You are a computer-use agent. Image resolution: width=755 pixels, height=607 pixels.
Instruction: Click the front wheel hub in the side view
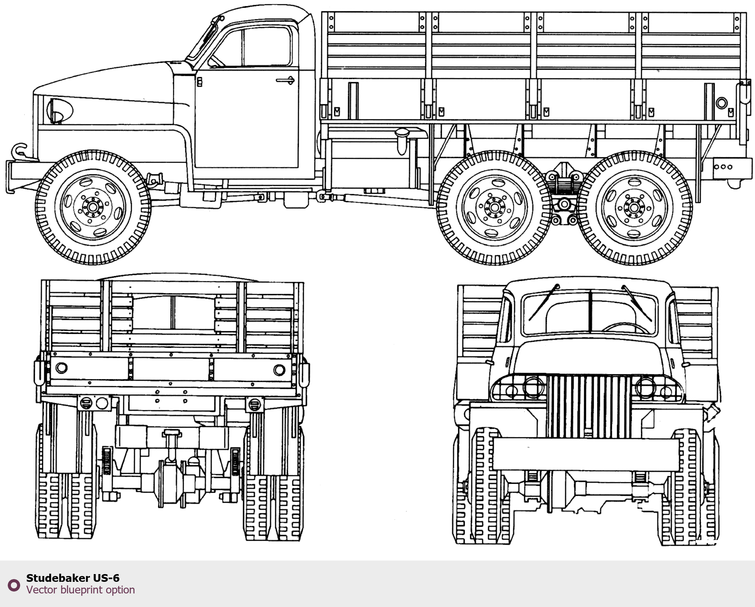(x=93, y=207)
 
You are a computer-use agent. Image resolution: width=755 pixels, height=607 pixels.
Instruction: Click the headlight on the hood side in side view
(x=59, y=110)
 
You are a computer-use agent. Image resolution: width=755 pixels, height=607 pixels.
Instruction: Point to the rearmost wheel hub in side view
(x=634, y=208)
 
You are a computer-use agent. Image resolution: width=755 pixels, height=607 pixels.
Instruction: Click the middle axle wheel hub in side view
(x=494, y=208)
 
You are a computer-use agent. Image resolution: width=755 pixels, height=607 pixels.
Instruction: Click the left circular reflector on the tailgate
(x=62, y=368)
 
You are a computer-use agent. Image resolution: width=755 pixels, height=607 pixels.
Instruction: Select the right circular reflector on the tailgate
(x=279, y=370)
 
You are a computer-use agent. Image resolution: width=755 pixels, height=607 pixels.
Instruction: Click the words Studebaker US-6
(x=73, y=578)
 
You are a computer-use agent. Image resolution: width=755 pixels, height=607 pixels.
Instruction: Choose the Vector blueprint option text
(x=81, y=590)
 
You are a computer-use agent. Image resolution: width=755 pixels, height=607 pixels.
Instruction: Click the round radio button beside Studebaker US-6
(x=14, y=585)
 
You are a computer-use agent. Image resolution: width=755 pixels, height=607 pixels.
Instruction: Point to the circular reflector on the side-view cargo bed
(x=722, y=103)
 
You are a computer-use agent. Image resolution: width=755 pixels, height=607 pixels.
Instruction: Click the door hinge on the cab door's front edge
(x=199, y=82)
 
